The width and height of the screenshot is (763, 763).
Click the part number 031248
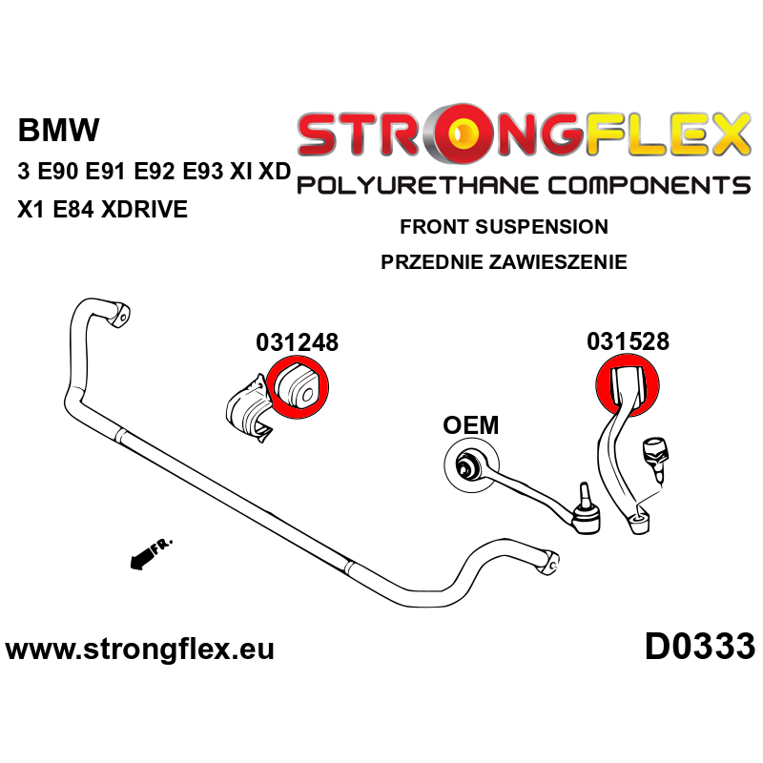(297, 342)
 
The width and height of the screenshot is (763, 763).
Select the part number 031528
(628, 341)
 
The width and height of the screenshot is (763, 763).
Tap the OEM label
(470, 425)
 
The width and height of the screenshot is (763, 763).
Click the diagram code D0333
(700, 647)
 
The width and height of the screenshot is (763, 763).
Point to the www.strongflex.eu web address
(139, 650)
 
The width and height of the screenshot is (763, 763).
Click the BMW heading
(58, 130)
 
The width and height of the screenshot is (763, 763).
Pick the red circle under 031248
(298, 387)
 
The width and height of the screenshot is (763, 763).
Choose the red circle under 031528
(628, 385)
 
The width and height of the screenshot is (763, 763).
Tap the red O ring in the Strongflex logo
(464, 133)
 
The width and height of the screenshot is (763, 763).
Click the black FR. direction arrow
(151, 554)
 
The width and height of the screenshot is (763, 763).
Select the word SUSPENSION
(542, 227)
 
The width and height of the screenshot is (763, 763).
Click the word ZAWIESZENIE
(558, 261)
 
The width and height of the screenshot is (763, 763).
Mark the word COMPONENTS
(649, 186)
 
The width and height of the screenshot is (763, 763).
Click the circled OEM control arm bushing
(471, 465)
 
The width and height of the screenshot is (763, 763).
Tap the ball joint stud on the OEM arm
(584, 496)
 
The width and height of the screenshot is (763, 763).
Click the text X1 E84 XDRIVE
(103, 209)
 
